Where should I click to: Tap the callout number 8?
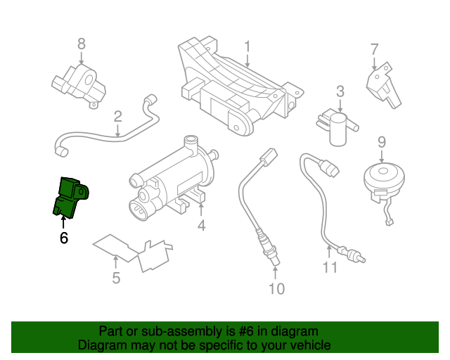(81, 44)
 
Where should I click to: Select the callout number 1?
(247, 47)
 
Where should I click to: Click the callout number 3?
(340, 91)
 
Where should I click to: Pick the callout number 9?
(382, 141)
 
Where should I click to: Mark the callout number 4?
(201, 225)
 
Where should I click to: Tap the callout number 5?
(116, 278)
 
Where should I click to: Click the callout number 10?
(276, 288)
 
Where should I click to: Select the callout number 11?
(330, 267)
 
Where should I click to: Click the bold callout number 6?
(64, 238)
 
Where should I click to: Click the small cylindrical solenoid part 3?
(340, 129)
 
